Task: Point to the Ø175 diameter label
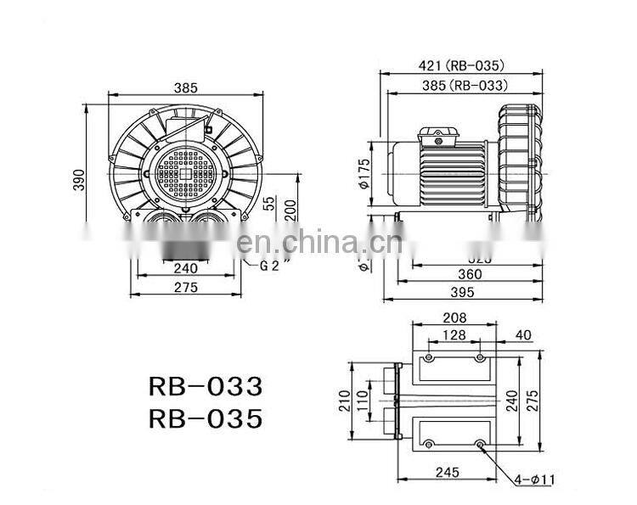364,172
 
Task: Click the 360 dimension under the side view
469,273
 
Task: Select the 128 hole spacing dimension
454,336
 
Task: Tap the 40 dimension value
523,335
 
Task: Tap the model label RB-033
206,387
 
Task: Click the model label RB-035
206,418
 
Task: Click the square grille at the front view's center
180,166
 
